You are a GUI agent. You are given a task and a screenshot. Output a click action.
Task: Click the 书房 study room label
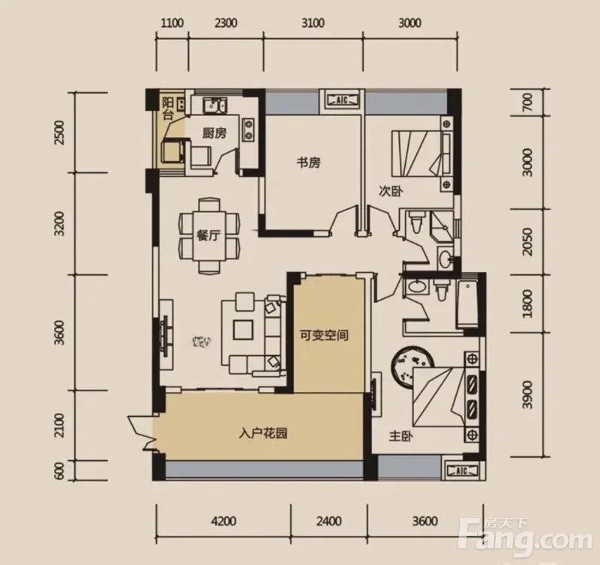click(x=308, y=163)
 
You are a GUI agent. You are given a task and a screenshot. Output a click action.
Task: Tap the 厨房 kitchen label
click(x=214, y=133)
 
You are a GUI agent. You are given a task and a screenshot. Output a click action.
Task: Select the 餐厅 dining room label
click(x=208, y=236)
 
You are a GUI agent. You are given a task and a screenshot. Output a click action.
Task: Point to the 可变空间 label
click(x=324, y=336)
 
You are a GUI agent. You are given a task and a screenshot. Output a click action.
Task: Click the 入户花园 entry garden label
click(x=263, y=434)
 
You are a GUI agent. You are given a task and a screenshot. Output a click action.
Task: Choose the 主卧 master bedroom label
click(x=400, y=436)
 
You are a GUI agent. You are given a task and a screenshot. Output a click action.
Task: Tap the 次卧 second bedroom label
click(x=391, y=191)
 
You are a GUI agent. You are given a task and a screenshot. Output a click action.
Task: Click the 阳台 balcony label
click(x=167, y=109)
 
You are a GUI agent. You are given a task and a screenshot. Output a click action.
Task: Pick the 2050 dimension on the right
click(x=527, y=242)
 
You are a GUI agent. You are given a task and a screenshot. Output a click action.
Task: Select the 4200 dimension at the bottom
click(x=223, y=521)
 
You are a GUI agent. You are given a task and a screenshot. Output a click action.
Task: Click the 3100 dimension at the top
click(x=313, y=23)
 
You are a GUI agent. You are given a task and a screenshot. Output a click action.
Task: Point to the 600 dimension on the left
click(x=59, y=470)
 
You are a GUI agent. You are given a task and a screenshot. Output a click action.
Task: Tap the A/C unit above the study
click(x=342, y=100)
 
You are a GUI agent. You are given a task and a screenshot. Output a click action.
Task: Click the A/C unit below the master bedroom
click(x=462, y=471)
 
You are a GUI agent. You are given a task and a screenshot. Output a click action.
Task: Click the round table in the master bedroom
click(x=412, y=366)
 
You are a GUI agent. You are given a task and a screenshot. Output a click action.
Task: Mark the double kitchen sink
click(x=214, y=105)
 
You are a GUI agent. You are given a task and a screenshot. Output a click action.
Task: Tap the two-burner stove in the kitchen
click(x=249, y=129)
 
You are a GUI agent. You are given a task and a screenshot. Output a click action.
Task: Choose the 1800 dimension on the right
click(x=527, y=304)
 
